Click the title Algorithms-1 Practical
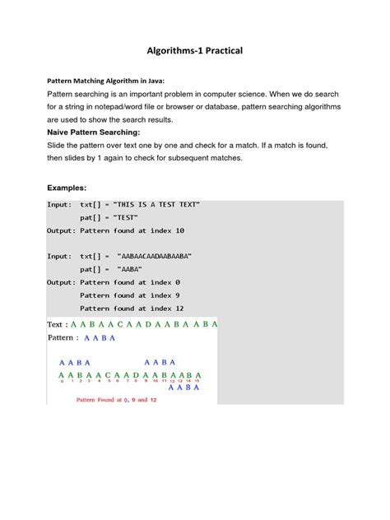pos(195,51)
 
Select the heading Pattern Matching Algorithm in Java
pos(104,81)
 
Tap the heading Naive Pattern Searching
pos(93,132)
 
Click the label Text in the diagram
pos(56,324)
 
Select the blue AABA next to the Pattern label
pos(100,338)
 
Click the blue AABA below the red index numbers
pos(184,388)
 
